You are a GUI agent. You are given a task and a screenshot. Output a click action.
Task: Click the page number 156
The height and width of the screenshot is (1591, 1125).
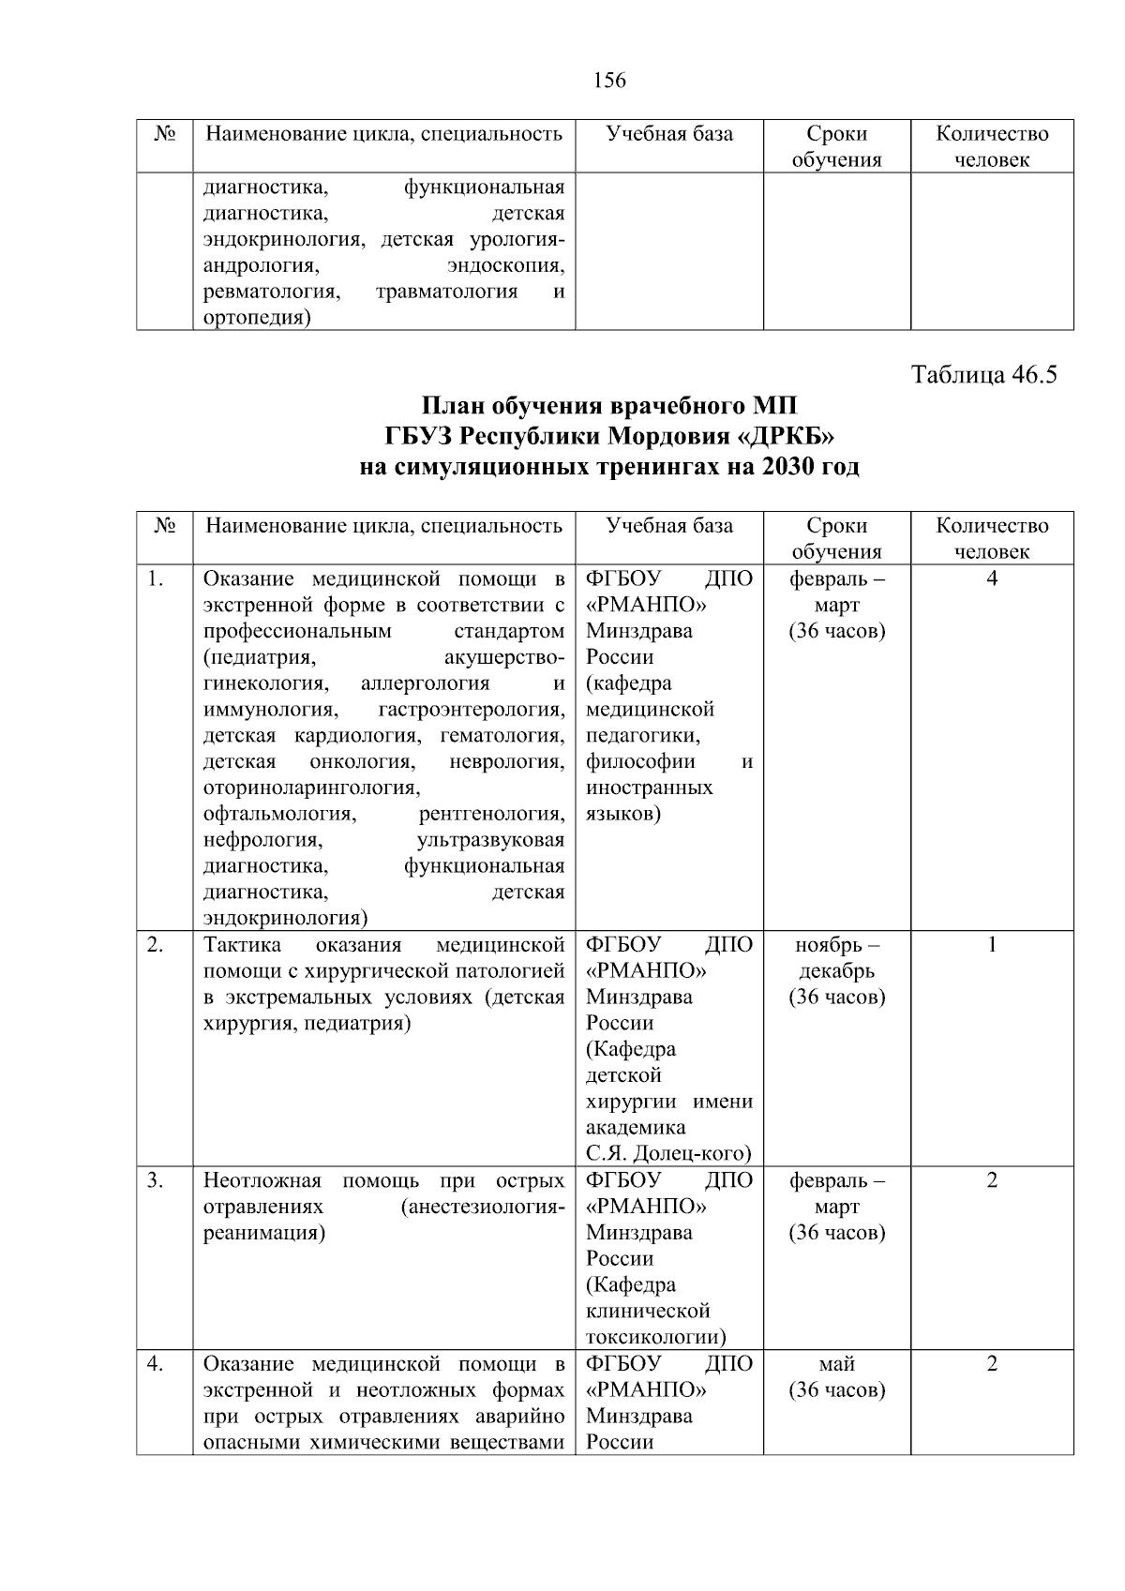click(609, 81)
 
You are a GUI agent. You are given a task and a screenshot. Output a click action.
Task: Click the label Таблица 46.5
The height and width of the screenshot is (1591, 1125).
click(983, 375)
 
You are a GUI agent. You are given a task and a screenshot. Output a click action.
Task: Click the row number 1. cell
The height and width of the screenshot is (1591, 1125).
click(156, 578)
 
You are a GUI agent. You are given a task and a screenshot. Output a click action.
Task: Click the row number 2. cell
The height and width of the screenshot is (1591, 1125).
click(156, 944)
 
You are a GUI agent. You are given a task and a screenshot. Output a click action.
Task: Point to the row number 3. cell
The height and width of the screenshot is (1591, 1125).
click(156, 1179)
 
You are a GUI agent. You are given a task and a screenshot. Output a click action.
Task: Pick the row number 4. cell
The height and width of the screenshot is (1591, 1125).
click(156, 1363)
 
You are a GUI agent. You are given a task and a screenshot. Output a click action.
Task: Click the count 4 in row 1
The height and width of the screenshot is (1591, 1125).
click(992, 578)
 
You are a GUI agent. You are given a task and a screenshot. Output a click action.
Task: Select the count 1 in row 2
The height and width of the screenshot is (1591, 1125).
click(992, 944)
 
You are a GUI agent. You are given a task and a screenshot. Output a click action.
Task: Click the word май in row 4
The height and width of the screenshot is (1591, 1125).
click(836, 1363)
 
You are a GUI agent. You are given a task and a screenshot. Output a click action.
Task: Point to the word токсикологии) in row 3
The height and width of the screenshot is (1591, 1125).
click(655, 1337)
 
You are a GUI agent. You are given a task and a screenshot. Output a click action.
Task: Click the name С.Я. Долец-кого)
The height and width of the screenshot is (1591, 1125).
click(668, 1153)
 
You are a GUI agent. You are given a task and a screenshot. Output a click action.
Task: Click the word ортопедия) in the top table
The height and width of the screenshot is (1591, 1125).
click(257, 318)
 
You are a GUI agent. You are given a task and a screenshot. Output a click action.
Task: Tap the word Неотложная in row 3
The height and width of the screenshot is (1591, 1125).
click(262, 1179)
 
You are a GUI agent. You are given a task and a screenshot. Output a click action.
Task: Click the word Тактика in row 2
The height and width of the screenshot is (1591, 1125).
click(236, 944)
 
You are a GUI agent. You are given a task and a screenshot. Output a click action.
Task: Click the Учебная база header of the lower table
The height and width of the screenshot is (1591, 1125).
click(669, 525)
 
